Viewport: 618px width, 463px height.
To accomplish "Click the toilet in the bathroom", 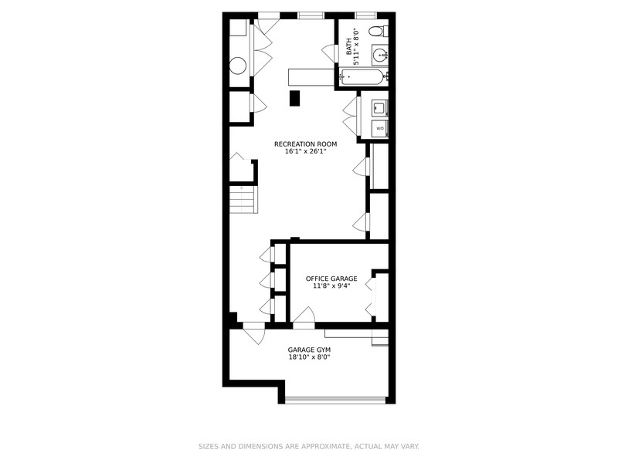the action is [x=379, y=31].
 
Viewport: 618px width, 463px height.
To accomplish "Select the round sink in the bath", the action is [x=381, y=55].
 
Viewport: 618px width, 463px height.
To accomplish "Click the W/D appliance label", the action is [x=380, y=129].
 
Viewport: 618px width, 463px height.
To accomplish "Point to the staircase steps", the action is [x=243, y=200].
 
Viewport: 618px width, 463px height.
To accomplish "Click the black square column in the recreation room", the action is [x=294, y=99].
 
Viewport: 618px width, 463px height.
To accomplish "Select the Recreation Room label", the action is [x=305, y=144].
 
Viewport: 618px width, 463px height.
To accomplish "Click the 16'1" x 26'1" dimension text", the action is [x=306, y=151].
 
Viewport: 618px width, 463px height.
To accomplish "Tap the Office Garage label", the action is [x=331, y=279].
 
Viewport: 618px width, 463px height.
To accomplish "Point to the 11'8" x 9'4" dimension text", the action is [x=331, y=286].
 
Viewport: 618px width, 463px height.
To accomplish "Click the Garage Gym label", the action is [x=309, y=350].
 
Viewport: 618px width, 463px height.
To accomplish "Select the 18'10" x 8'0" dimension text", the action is [x=309, y=357].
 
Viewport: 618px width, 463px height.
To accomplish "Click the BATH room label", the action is [x=348, y=46].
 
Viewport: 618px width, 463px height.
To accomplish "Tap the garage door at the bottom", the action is [x=335, y=400].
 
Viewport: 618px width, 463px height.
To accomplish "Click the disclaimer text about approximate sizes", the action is [x=308, y=447].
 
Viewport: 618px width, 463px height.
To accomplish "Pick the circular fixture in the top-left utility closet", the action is [x=238, y=66].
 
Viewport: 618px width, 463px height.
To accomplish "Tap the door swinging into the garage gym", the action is [x=254, y=334].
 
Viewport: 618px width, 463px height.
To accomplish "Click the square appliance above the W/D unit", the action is [x=380, y=107].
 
